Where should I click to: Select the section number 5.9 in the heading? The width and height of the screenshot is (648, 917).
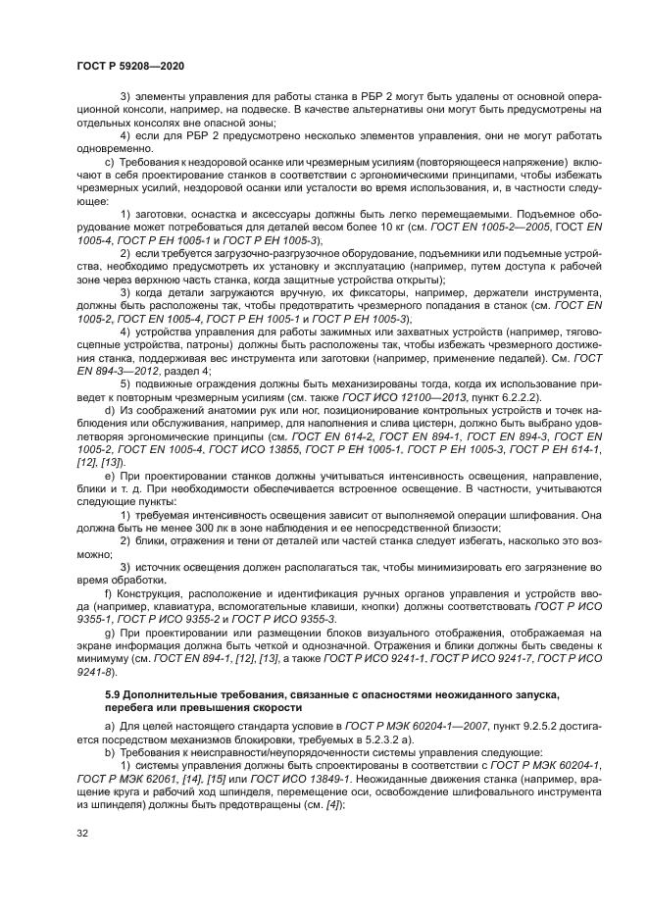[113, 694]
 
